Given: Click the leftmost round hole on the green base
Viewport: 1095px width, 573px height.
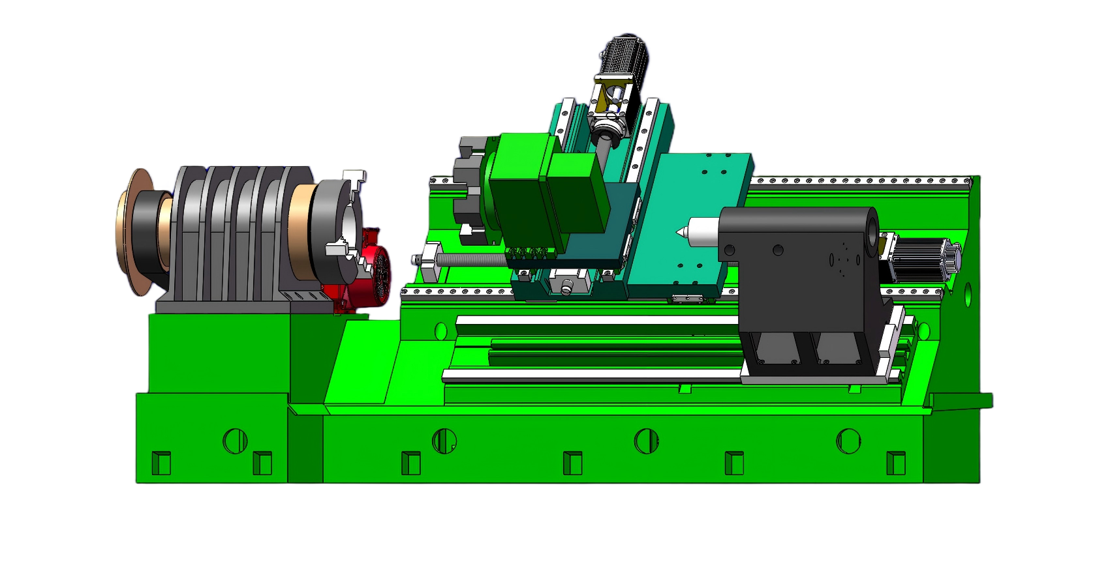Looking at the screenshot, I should pos(235,441).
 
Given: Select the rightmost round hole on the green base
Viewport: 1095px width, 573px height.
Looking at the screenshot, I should pos(849,441).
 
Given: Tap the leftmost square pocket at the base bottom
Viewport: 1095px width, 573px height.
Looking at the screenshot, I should pos(161,463).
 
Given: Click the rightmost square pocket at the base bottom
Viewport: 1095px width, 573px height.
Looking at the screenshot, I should pos(896,463).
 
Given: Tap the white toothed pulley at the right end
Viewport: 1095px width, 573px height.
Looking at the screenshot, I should pos(949,257).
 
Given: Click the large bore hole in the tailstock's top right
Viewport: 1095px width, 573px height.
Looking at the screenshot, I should pos(873,228).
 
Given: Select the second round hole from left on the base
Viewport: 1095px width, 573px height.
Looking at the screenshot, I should pos(444,441).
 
